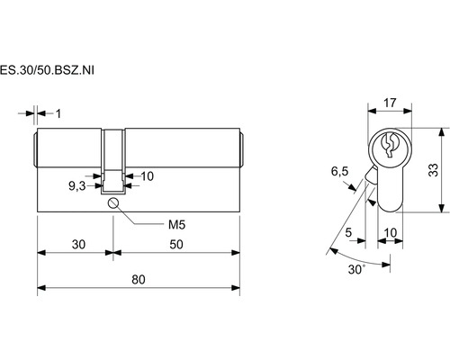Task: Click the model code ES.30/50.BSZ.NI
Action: tap(47, 70)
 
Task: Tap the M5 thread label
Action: tap(176, 224)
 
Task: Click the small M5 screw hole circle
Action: tap(113, 203)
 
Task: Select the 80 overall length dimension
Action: tap(139, 280)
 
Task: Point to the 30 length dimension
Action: tap(78, 245)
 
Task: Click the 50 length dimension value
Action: tap(176, 245)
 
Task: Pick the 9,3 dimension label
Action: tap(77, 186)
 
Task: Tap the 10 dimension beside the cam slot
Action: tap(148, 176)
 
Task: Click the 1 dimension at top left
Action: tap(58, 113)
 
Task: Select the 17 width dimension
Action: tap(390, 103)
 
